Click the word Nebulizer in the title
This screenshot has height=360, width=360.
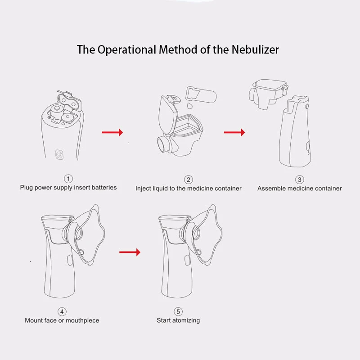click(x=255, y=49)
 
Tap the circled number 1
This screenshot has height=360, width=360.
click(x=68, y=179)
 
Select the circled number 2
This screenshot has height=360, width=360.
click(x=188, y=180)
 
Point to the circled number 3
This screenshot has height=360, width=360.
click(x=299, y=180)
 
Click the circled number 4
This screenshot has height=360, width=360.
click(x=62, y=311)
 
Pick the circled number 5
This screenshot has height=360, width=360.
click(x=178, y=311)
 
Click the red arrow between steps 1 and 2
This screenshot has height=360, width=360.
click(x=112, y=132)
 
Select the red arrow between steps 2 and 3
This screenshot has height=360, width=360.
click(x=234, y=132)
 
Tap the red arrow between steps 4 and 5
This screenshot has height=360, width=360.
click(x=130, y=252)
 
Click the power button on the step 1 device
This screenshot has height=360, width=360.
click(x=59, y=154)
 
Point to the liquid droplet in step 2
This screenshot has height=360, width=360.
click(x=189, y=106)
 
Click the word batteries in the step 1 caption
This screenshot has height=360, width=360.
click(x=104, y=187)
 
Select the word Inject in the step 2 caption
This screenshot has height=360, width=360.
click(x=143, y=189)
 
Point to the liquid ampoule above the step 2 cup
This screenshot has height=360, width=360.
click(x=201, y=94)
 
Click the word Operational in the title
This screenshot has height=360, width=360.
click(x=127, y=50)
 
